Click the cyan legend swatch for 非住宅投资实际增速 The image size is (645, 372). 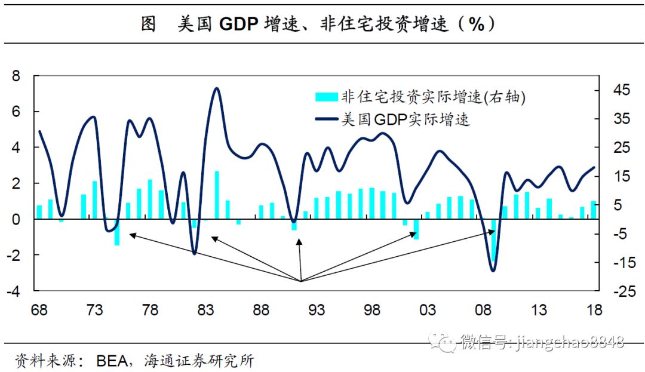click(x=327, y=97)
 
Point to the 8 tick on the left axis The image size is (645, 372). click(x=16, y=76)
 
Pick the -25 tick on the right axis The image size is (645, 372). click(x=619, y=291)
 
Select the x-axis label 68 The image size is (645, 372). click(x=39, y=310)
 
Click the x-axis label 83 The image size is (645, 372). click(x=205, y=310)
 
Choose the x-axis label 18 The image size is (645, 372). click(x=594, y=310)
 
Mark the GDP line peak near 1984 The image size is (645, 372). click(x=216, y=89)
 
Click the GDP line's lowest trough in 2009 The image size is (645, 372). click(x=493, y=270)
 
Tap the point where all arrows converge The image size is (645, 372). click(x=300, y=281)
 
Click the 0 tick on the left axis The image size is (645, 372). click(x=16, y=219)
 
